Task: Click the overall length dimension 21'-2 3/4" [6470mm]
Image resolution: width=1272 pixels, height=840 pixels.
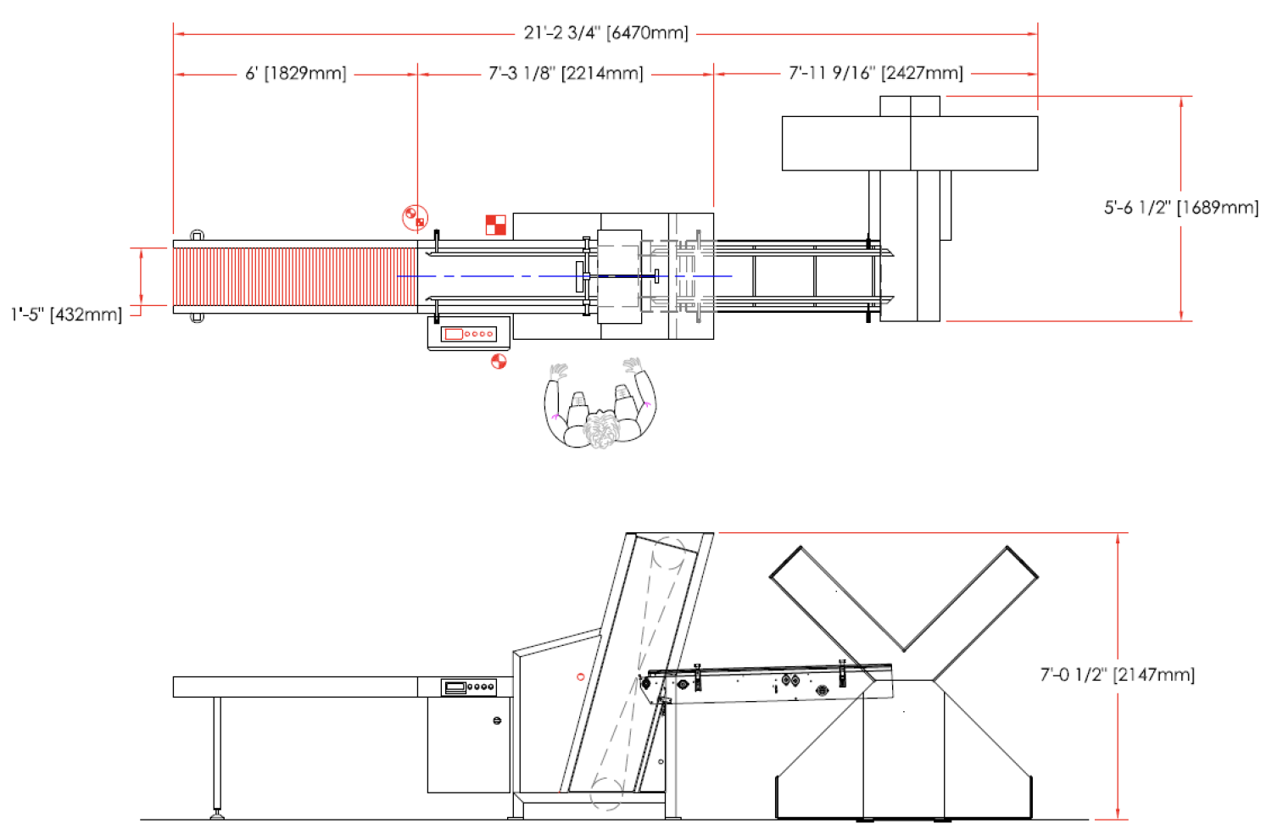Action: click(x=606, y=33)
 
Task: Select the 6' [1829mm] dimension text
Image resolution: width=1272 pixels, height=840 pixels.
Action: click(x=295, y=73)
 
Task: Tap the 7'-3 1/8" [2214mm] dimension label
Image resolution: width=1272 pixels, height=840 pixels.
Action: click(x=566, y=73)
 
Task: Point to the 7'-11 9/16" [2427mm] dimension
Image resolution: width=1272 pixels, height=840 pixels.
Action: click(x=876, y=73)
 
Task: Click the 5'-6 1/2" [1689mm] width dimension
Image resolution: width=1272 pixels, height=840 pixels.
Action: click(x=1181, y=208)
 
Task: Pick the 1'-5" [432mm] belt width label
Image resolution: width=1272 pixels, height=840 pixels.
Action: click(x=66, y=314)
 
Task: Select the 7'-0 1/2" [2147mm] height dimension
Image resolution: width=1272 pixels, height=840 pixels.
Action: click(x=1118, y=675)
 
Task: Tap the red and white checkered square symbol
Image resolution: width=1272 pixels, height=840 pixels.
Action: click(x=496, y=225)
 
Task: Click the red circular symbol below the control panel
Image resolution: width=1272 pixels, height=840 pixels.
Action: click(x=499, y=361)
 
